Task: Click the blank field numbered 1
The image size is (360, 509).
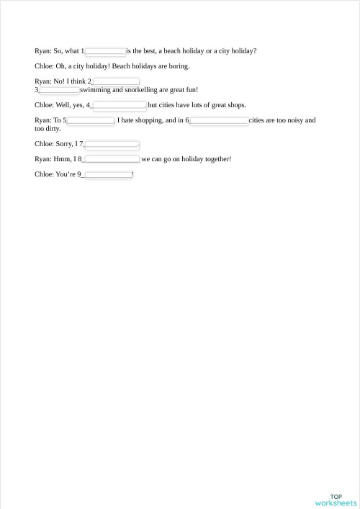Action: coord(105,51)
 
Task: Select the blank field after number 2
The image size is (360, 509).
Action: coord(115,81)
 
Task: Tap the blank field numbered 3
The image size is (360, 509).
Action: coord(59,90)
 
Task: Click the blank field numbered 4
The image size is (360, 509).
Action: coord(119,105)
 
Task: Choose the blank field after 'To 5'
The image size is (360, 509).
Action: coord(91,120)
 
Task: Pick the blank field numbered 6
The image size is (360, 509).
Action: coord(219,120)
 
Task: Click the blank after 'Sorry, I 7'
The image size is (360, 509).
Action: coord(112,144)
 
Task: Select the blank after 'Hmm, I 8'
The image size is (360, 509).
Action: coord(112,159)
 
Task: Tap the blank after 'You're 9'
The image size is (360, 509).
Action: coord(108,174)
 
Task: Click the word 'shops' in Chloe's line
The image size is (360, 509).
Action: coord(233,105)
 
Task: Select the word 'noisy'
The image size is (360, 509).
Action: coord(285,120)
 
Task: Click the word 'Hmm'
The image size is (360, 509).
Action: coord(63,159)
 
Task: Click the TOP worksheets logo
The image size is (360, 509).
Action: coord(336,500)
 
